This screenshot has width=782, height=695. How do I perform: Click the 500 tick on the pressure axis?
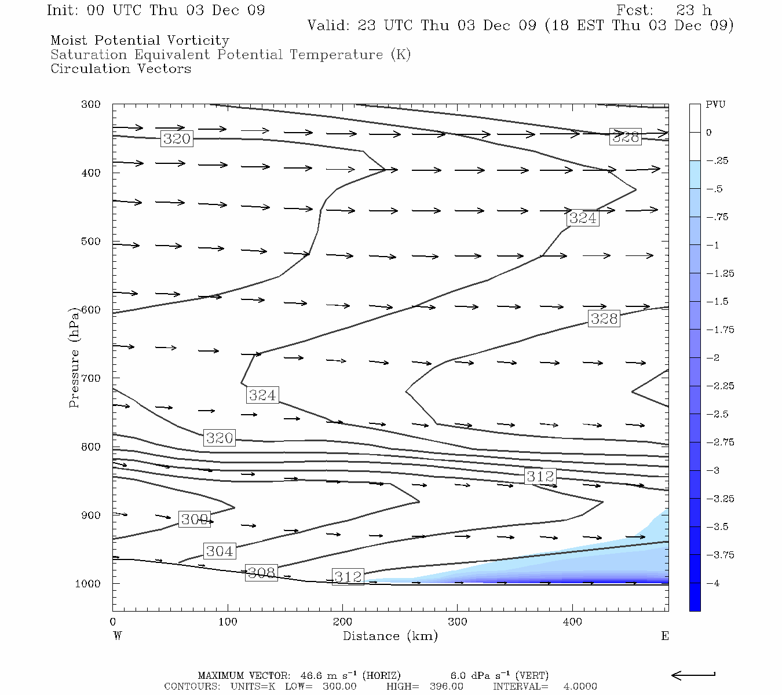(x=90, y=242)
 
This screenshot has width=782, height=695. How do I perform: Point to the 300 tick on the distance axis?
(x=458, y=622)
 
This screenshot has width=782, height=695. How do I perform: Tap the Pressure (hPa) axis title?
(x=74, y=359)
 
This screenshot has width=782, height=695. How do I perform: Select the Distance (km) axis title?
(x=390, y=636)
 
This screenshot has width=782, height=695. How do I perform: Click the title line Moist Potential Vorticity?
(x=140, y=41)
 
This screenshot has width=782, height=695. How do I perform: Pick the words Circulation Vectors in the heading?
(x=120, y=68)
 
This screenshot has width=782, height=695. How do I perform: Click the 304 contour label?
(x=220, y=551)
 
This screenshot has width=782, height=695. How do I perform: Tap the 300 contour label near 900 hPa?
(x=194, y=520)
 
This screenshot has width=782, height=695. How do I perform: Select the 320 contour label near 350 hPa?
(x=177, y=139)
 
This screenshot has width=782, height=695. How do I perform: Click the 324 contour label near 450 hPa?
(x=583, y=218)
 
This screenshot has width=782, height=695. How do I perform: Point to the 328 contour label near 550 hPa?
(x=604, y=319)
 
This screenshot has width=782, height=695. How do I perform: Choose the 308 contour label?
(x=261, y=573)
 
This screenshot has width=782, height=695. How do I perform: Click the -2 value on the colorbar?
(x=712, y=358)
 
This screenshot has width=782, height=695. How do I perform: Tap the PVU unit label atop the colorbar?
(x=715, y=105)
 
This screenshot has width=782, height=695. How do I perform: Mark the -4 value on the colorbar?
(x=712, y=583)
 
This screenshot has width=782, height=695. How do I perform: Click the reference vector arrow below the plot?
(x=693, y=675)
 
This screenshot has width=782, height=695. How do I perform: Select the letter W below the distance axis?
(x=117, y=636)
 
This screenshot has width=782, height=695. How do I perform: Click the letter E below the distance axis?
(x=665, y=636)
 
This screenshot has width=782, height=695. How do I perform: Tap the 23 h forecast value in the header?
(x=694, y=10)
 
